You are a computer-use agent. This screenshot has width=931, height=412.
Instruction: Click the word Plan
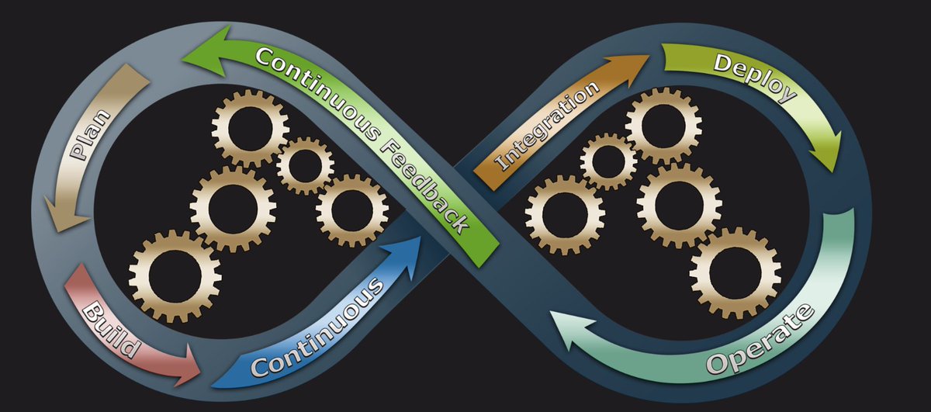91,135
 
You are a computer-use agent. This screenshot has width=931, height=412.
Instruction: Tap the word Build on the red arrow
110,331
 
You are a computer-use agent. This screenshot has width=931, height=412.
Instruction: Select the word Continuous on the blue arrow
317,327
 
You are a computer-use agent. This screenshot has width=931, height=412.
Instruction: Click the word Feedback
425,187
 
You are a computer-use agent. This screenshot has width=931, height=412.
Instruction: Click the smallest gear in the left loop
306,166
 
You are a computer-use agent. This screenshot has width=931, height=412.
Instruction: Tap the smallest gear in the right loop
608,161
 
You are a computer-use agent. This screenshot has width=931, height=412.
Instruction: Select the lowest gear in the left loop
175,276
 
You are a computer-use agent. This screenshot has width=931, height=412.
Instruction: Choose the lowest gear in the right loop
735,273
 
